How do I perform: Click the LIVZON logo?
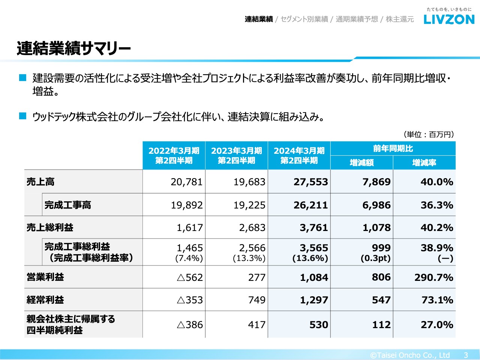click(449, 19)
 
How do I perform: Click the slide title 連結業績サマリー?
click(73, 48)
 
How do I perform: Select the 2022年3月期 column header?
click(174, 155)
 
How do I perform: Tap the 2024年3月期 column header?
click(299, 155)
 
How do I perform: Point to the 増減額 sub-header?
click(361, 162)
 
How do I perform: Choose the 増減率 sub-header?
click(424, 162)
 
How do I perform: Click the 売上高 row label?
click(40, 182)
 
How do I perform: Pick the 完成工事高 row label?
click(68, 205)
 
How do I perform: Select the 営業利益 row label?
click(45, 277)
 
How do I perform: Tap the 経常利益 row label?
click(45, 300)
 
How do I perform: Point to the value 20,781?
click(187, 182)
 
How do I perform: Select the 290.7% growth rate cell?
click(434, 277)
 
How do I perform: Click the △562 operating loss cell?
click(189, 277)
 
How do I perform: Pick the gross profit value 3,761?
click(314, 228)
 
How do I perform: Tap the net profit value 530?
click(319, 325)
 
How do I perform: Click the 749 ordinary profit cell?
click(257, 300)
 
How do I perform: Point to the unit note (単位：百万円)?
click(429, 134)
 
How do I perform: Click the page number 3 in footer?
click(466, 355)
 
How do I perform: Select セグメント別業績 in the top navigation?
click(304, 19)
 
